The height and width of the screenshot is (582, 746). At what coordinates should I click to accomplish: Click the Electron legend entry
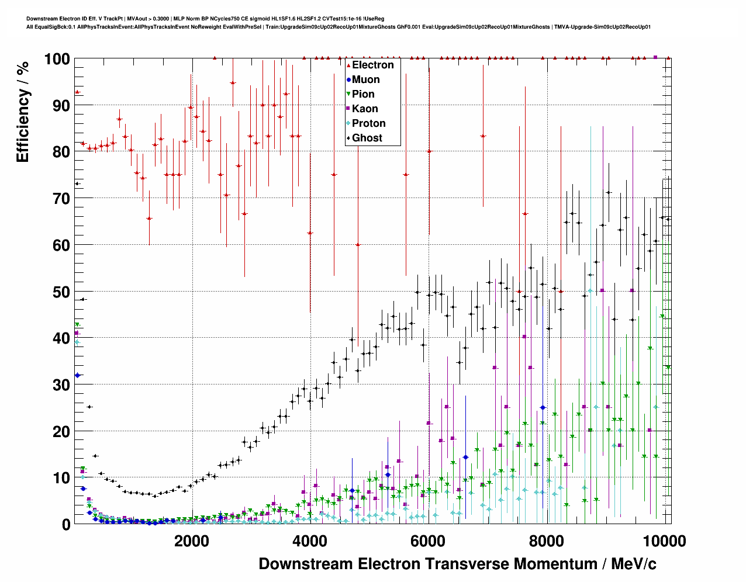(x=372, y=65)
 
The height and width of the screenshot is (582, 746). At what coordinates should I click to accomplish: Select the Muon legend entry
(x=365, y=79)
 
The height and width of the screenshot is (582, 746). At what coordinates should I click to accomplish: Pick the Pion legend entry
(x=362, y=94)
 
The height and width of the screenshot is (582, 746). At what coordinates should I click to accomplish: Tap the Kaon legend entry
(x=365, y=109)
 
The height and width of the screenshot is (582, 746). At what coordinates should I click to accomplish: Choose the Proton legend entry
(x=368, y=123)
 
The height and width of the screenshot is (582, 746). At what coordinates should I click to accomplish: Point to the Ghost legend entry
(x=367, y=138)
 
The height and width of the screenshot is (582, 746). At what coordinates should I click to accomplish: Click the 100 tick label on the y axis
(x=57, y=59)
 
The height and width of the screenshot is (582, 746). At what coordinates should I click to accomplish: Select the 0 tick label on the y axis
(x=65, y=524)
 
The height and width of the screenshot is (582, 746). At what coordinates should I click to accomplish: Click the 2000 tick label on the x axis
(x=191, y=541)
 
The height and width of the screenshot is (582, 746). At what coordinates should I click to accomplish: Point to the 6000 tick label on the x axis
(x=428, y=541)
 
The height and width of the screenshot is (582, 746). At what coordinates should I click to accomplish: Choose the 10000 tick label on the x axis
(x=664, y=541)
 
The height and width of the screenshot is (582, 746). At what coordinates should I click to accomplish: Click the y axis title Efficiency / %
(x=23, y=111)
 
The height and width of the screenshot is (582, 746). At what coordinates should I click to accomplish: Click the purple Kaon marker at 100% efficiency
(x=655, y=57)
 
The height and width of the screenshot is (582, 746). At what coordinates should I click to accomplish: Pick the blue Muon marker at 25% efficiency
(x=543, y=407)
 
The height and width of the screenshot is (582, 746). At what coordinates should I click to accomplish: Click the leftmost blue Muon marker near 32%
(x=77, y=375)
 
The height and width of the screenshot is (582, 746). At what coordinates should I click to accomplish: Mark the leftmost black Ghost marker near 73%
(x=77, y=183)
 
